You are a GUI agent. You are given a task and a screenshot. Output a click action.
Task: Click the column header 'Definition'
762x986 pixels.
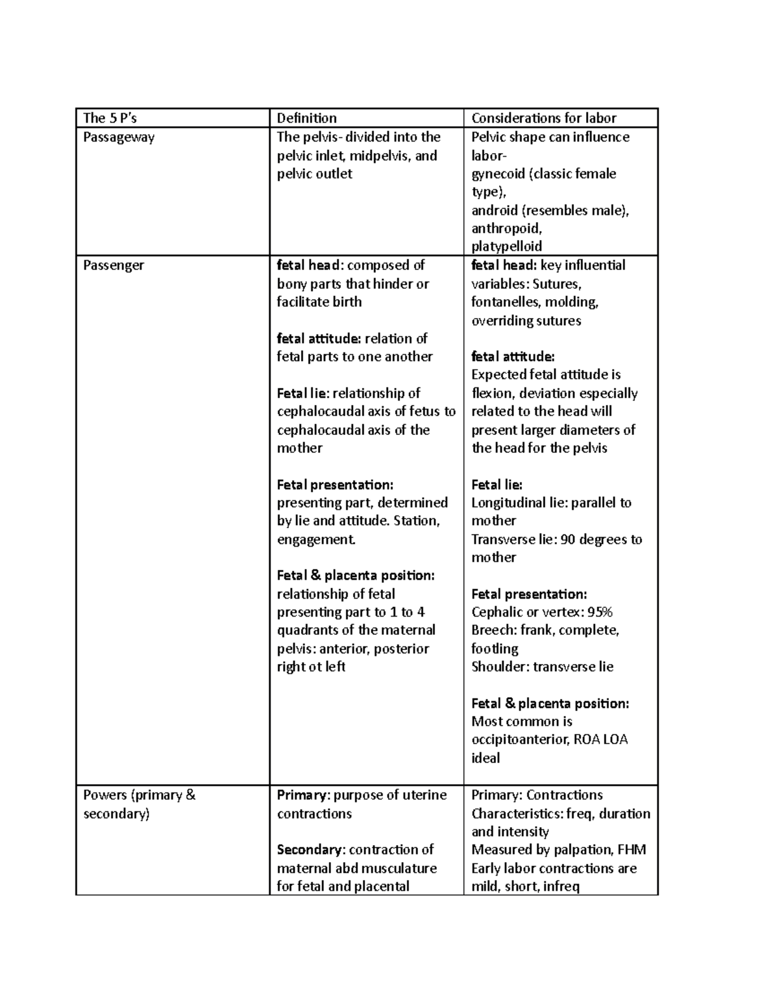[x=307, y=118]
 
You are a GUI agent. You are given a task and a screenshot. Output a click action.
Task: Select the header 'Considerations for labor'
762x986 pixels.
[x=544, y=118]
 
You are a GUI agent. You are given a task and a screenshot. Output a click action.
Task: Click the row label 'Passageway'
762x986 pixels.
[x=119, y=137]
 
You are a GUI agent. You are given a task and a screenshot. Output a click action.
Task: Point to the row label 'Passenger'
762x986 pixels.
[x=113, y=265]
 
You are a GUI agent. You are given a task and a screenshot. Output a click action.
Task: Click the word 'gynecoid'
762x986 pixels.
[x=498, y=174]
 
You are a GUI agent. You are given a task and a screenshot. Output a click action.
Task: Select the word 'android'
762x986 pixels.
[x=494, y=211]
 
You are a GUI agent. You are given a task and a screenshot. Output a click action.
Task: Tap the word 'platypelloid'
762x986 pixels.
[x=506, y=246]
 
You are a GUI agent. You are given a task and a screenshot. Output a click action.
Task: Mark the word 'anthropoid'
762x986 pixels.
[x=505, y=229]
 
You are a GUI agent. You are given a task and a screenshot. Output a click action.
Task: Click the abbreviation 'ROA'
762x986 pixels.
[x=586, y=740]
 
